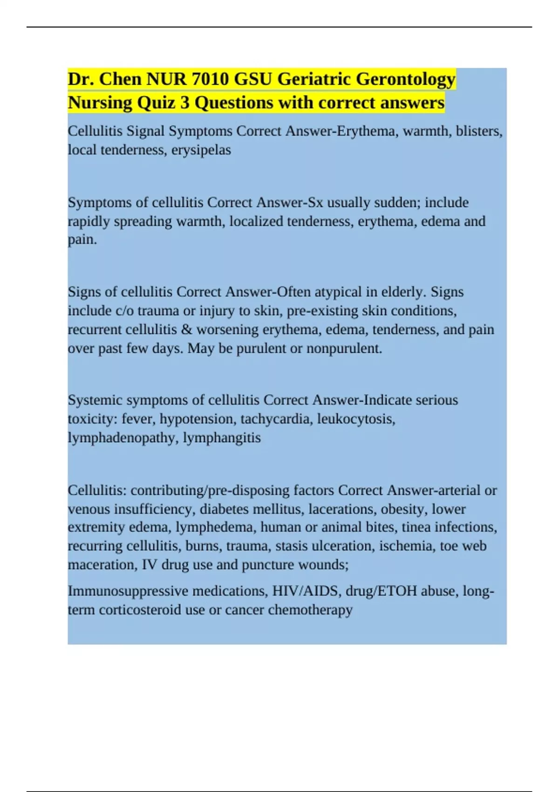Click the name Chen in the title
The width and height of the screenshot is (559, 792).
pos(121,79)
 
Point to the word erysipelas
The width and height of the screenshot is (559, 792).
pos(201,150)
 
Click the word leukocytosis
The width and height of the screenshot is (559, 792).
pos(356,419)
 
